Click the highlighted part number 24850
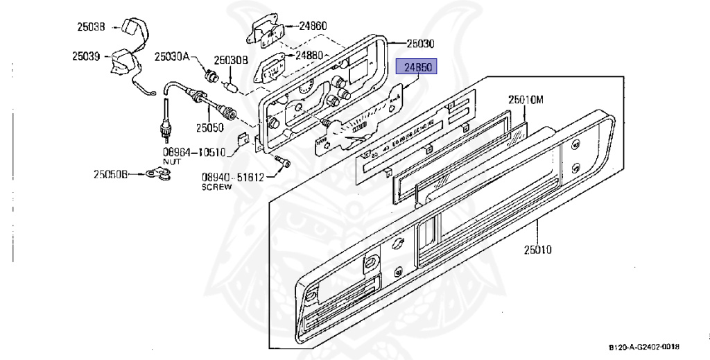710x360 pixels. tap(415, 67)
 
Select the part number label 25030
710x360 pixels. tap(420, 43)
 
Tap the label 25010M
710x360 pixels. tap(525, 100)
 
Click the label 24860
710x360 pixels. tap(313, 26)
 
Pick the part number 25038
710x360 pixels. tap(91, 28)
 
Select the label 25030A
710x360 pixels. tap(171, 56)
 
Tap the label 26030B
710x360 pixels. tap(230, 60)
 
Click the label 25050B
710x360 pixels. tap(111, 174)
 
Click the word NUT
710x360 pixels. tap(171, 161)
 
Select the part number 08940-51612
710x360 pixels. tap(233, 177)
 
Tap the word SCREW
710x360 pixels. tap(215, 187)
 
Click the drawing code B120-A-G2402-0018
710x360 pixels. tap(644, 347)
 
